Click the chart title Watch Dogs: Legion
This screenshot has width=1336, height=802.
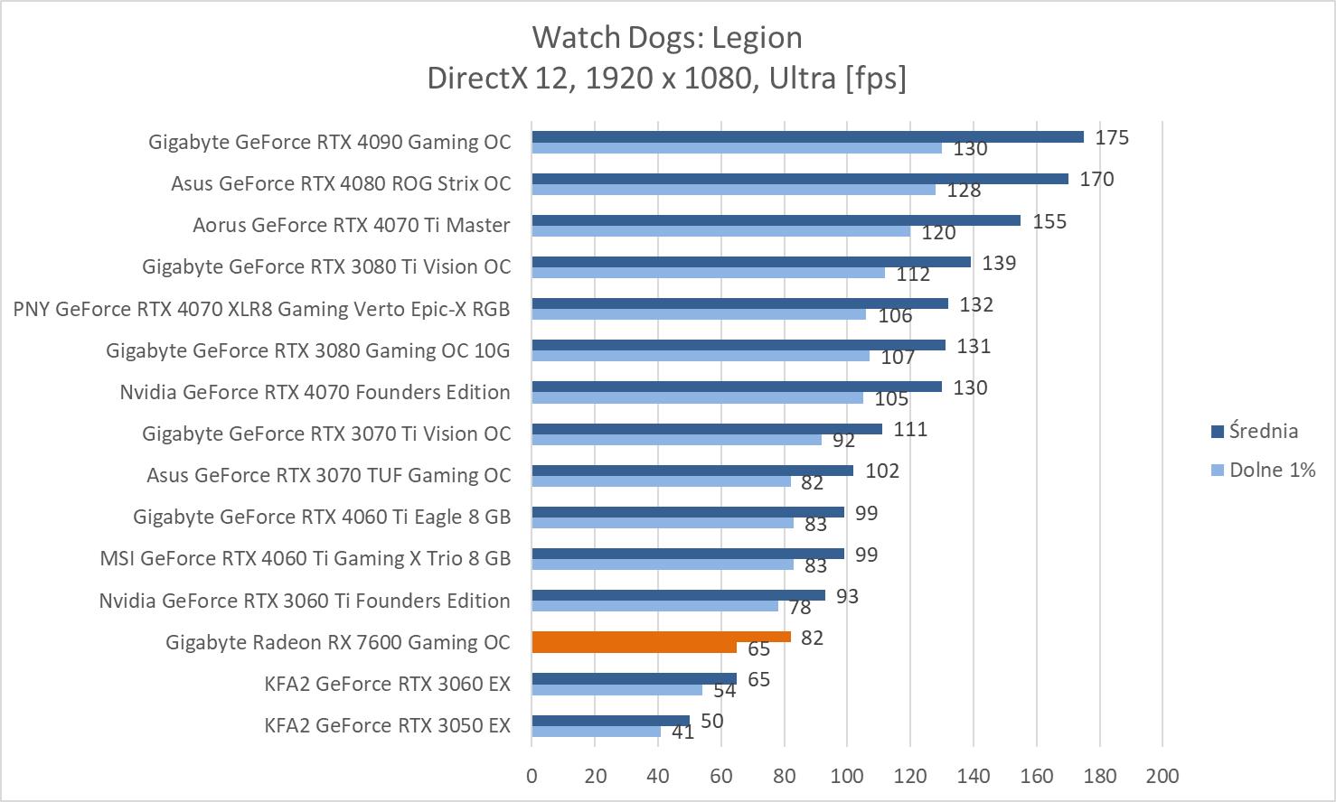tap(667, 38)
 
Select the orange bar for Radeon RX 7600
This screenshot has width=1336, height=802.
tap(661, 637)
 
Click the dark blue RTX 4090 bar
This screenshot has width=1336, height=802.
tap(807, 137)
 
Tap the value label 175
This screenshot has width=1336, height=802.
tap(1112, 137)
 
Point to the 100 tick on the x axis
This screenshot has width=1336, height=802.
tap(847, 776)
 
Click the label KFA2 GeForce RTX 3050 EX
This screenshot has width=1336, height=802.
tap(387, 725)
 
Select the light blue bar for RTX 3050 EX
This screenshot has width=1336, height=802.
tap(596, 732)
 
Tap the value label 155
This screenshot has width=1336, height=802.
tap(1049, 221)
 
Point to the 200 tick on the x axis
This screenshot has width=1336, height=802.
tap(1162, 776)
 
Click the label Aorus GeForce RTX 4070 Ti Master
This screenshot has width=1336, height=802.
tap(351, 225)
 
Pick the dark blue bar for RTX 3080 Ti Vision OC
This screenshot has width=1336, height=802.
tap(751, 262)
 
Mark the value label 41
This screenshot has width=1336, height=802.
tap(682, 732)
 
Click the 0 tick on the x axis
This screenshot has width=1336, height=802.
tap(532, 776)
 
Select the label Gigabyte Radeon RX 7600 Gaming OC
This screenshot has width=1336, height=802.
tap(338, 642)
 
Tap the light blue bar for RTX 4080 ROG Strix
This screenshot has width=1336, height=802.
tap(733, 190)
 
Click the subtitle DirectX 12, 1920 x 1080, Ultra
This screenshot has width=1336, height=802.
tap(667, 79)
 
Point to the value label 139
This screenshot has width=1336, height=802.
tap(999, 263)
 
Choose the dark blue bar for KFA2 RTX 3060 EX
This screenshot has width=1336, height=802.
tap(634, 678)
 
